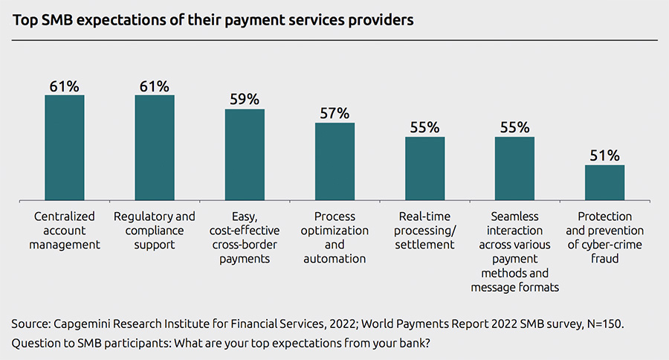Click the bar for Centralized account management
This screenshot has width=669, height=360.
(x=65, y=147)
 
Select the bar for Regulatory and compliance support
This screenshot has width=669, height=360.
(x=155, y=147)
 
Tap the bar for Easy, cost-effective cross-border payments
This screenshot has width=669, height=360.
(x=245, y=155)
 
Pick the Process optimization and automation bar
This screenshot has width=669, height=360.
(x=334, y=161)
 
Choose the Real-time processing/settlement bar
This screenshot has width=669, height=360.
(x=424, y=169)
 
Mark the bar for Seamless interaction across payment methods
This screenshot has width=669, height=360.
(x=514, y=169)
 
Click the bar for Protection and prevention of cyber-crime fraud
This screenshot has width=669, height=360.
(x=604, y=182)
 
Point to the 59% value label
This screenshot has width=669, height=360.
(x=245, y=99)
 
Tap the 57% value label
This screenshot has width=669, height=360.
(x=334, y=113)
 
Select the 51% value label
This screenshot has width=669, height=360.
(x=604, y=155)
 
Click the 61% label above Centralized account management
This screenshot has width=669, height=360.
(x=65, y=86)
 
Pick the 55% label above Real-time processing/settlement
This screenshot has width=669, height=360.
(x=424, y=127)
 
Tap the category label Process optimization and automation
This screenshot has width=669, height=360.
(x=334, y=237)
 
